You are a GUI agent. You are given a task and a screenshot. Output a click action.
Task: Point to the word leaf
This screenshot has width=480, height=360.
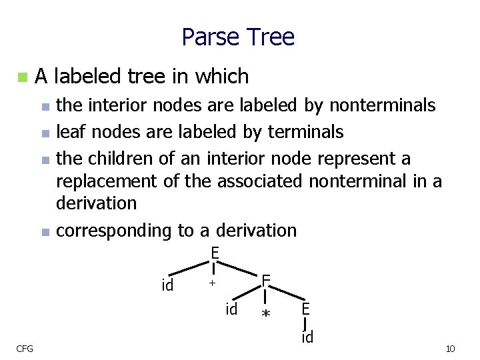tap(69, 132)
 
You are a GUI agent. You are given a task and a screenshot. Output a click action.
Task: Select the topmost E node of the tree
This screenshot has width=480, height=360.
tap(215, 253)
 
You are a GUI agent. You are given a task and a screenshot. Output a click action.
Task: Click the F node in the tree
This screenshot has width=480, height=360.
tap(265, 280)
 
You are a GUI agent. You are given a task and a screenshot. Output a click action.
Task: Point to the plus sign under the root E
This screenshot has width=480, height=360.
tap(212, 284)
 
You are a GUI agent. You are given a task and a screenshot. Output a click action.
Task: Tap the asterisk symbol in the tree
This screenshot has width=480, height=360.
tap(266, 314)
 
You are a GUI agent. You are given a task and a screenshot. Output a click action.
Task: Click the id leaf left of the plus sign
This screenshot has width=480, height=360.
tap(168, 285)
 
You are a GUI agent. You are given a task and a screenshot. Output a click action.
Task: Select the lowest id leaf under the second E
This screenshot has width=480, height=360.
tap(307, 337)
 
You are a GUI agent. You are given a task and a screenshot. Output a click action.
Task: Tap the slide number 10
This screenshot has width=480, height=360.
tap(450, 349)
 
